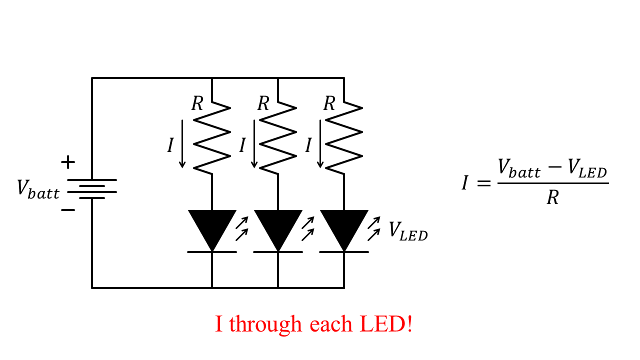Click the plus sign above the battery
pos(68,162)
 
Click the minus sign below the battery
pos(68,209)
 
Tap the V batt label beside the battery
pos(38,189)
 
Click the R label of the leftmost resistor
pos(197,104)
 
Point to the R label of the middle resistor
pos(263,104)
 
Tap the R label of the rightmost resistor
pos(329,104)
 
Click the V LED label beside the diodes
pos(408,231)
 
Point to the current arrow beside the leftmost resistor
pos(182,144)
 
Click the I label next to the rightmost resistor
pos(308,145)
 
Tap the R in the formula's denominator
pos(552,198)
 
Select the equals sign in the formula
pos(484,183)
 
